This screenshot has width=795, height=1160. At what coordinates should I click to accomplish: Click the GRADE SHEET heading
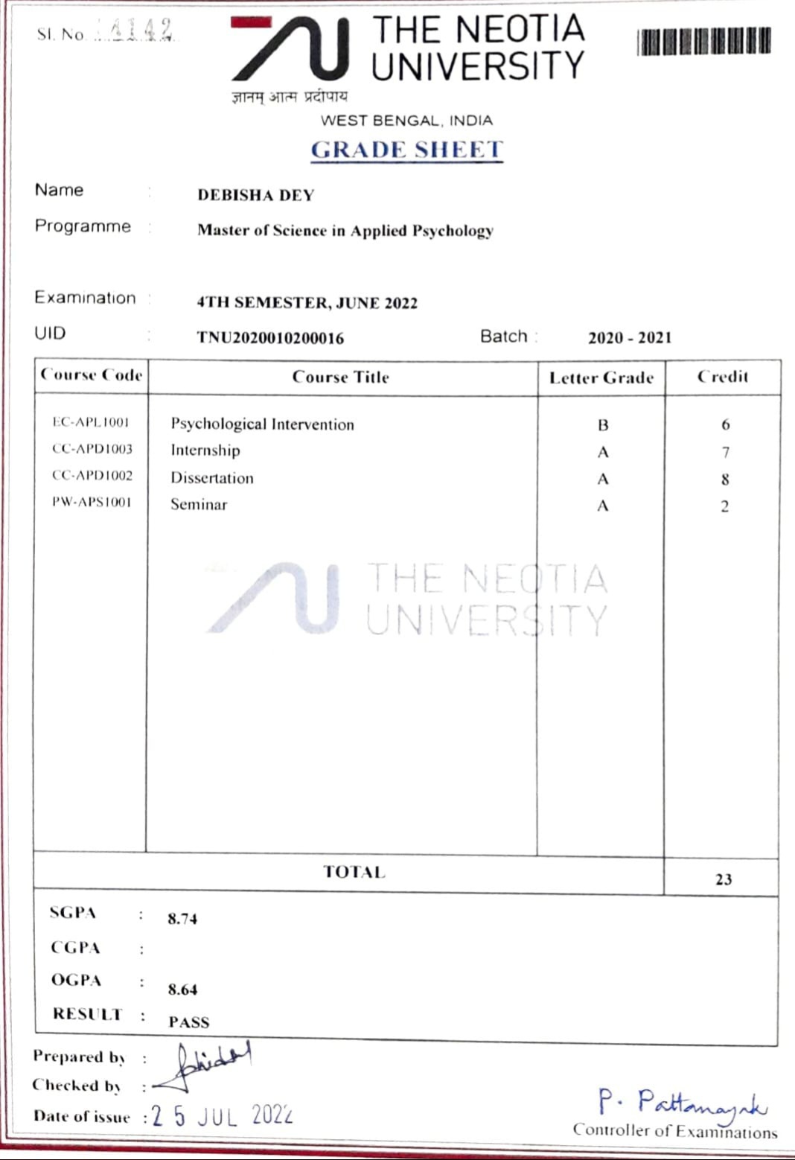(406, 150)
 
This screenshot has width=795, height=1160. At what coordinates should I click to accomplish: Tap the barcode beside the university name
(703, 42)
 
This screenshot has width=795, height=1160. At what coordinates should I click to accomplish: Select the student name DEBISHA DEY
(255, 195)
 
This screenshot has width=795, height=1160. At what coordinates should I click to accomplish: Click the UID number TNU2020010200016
(270, 338)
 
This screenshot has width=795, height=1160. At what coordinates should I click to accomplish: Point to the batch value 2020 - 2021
(629, 338)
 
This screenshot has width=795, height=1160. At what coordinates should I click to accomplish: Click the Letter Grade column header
(601, 378)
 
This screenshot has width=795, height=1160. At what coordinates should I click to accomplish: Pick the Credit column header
(722, 377)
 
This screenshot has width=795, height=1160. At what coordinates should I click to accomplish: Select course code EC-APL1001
(91, 422)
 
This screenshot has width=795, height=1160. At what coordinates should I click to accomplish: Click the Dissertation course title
(212, 478)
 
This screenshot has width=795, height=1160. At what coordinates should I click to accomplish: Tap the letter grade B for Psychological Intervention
(602, 425)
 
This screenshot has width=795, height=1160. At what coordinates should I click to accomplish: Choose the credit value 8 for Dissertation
(724, 479)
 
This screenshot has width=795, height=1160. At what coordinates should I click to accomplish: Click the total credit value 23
(723, 879)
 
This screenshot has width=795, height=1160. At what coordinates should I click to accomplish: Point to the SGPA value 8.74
(182, 919)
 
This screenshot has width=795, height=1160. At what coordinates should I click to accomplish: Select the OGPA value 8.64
(182, 989)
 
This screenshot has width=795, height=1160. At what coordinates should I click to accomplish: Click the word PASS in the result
(188, 1022)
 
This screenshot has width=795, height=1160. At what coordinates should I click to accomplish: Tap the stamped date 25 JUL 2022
(222, 1116)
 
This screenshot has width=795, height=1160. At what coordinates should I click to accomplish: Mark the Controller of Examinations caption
(674, 1131)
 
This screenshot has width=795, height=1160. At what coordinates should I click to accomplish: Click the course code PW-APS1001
(91, 502)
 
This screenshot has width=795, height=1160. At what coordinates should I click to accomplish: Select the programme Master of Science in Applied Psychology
(345, 231)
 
